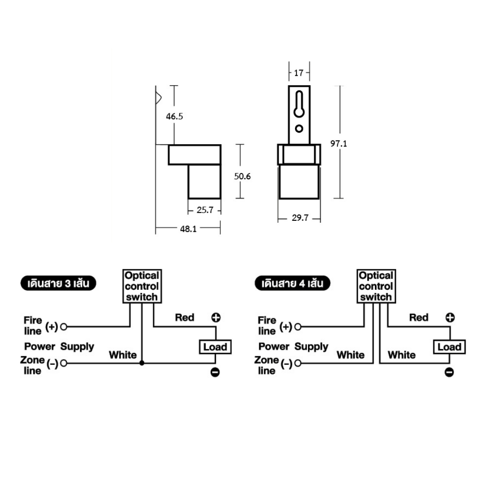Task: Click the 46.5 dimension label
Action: pos(174,117)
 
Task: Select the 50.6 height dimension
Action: pos(242,176)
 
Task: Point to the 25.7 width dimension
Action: pos(205,210)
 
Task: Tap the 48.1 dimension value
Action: pos(188,229)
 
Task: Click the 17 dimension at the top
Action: pos(299,73)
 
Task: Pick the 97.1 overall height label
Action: pos(338,144)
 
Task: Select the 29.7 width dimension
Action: pos(300,218)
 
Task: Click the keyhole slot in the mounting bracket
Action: pos(299,104)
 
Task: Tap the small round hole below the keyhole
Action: pos(299,129)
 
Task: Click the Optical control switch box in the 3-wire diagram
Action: pos(142,286)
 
